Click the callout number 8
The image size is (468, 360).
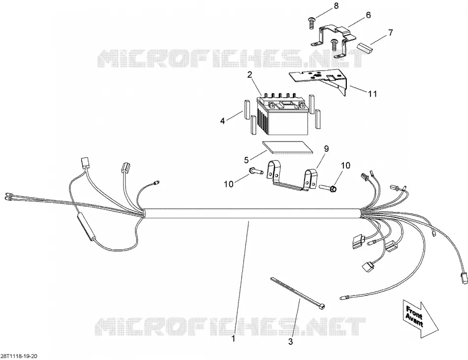tap(336, 5)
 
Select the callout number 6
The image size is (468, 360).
tap(368, 15)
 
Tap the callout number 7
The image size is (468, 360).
tap(390, 32)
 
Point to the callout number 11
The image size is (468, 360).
tap(372, 94)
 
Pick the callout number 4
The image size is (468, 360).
tap(222, 121)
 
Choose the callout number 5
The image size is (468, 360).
tap(246, 160)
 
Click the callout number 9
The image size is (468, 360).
tap(326, 148)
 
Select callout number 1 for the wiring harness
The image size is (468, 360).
tap(234, 339)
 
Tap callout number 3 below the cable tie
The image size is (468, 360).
tap(291, 341)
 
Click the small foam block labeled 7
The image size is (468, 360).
tap(365, 48)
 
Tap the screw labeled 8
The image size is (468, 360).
tap(311, 23)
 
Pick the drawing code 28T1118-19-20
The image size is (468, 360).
tap(19, 356)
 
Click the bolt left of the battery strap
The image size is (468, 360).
tap(256, 171)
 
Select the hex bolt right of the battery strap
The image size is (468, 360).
tap(329, 188)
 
